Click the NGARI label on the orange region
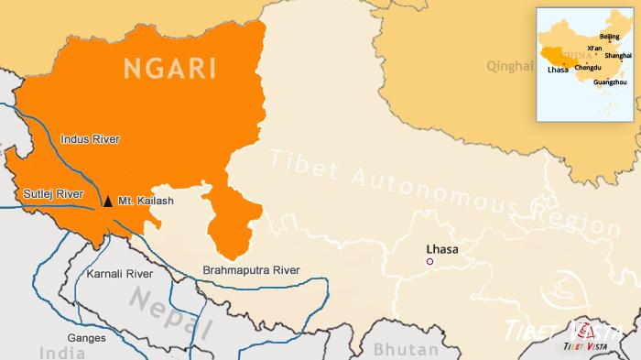point(170,68)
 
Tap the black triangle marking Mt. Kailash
point(108,201)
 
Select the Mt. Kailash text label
point(146,201)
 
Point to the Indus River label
point(90,139)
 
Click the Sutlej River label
point(53,194)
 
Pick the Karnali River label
point(119,274)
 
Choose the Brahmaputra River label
point(251,270)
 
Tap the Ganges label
point(86,338)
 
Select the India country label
point(61,353)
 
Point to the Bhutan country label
point(405,350)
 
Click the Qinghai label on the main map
point(510,66)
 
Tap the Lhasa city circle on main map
point(429,262)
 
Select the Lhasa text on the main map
point(442,248)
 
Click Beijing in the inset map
point(609,37)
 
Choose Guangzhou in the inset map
point(610,82)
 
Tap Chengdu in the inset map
point(588,68)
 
